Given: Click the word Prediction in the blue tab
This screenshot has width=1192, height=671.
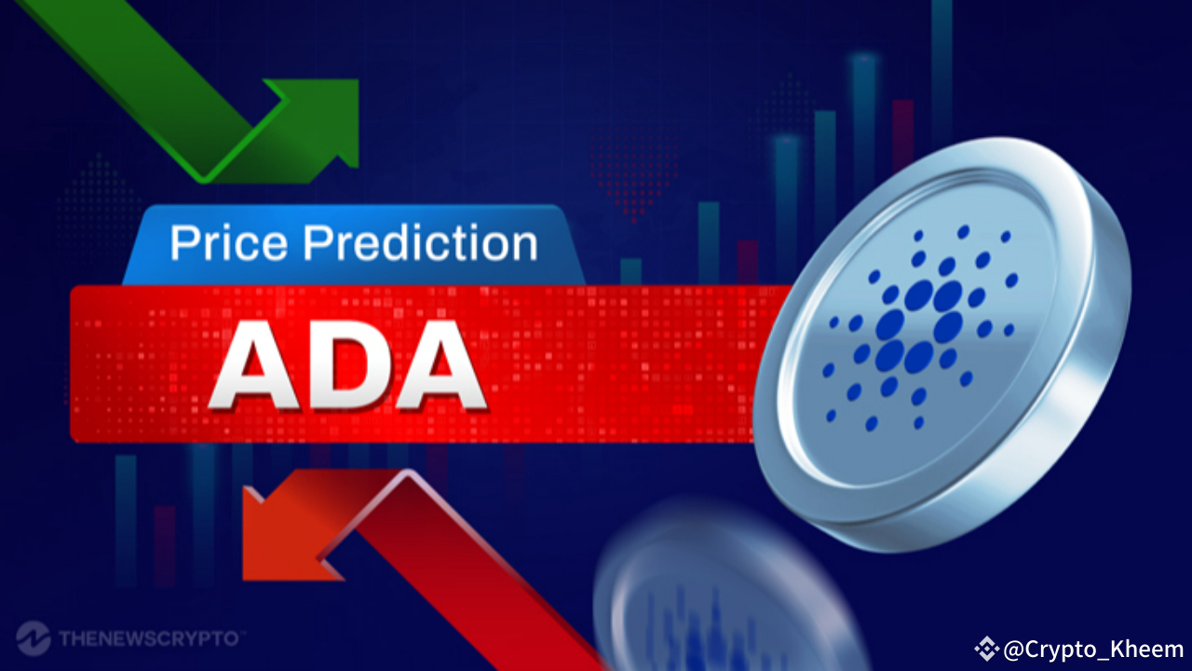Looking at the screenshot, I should click(x=421, y=243).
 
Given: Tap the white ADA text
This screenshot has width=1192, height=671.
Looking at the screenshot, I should click(x=346, y=366).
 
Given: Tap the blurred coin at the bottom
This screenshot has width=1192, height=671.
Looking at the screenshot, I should click(x=717, y=596).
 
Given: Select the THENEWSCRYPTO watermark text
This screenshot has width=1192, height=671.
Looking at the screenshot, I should click(x=149, y=639).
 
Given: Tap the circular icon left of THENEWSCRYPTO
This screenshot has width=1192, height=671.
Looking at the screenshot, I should click(x=34, y=639).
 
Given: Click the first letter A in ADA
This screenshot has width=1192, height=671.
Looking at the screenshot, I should click(x=254, y=366).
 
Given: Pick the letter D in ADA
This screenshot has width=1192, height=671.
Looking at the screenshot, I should click(x=347, y=366).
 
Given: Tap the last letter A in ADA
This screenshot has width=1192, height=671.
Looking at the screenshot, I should click(x=438, y=366).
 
